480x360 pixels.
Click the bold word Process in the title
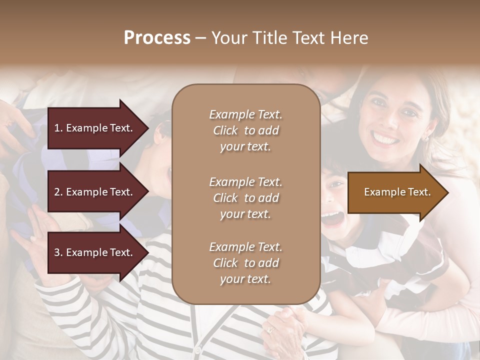[157, 38]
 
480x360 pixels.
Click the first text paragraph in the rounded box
[245, 130]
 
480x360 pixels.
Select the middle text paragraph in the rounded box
[245, 198]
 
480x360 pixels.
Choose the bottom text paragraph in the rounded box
[245, 263]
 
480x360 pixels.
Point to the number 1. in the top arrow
[58, 128]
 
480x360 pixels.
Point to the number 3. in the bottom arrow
[58, 252]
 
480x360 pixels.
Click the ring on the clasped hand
[270, 329]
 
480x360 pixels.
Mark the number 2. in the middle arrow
[58, 192]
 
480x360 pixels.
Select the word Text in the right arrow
[419, 192]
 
